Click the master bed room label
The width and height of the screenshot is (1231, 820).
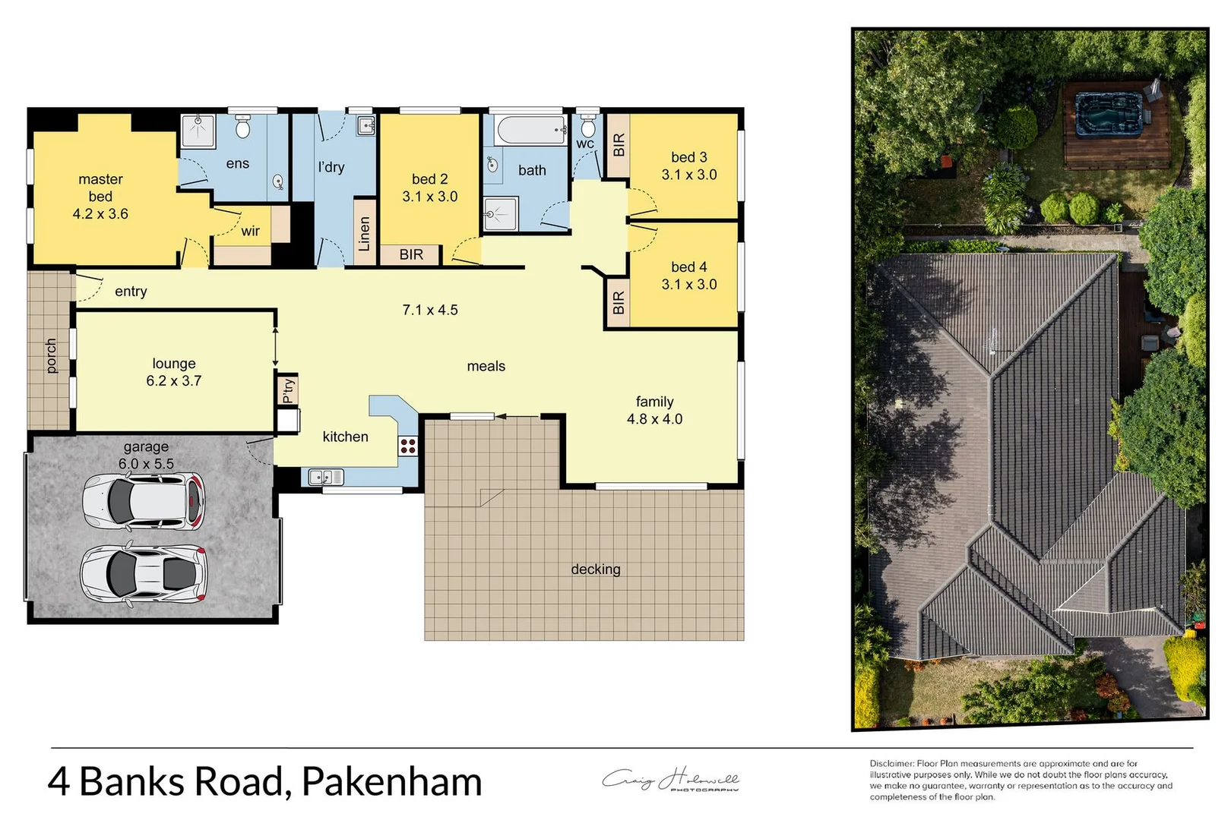pos(100,188)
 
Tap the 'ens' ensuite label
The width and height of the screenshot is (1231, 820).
pos(237,163)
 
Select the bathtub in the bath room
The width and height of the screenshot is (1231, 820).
pos(530,130)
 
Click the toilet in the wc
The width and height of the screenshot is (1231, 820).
pos(588,126)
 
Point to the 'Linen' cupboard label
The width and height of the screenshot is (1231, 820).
pos(365,234)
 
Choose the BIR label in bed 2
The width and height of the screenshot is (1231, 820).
pos(411,255)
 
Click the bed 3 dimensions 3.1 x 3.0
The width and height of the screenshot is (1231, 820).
pos(688,175)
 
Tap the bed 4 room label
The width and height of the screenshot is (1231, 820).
pos(688,267)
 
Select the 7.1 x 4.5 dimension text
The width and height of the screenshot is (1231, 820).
pos(430,310)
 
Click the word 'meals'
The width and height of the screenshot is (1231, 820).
pos(486,366)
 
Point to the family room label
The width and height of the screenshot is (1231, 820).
pos(654,402)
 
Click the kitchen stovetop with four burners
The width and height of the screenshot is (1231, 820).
pos(408,446)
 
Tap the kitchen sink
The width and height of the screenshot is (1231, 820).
pos(326,478)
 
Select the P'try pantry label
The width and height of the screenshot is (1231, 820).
pos(288,390)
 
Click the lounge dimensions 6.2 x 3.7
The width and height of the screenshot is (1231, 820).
pos(174,381)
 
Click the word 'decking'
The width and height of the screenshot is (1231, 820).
pos(596,569)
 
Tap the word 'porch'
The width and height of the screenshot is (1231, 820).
pos(51,356)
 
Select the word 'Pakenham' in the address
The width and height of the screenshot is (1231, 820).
pos(392,782)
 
